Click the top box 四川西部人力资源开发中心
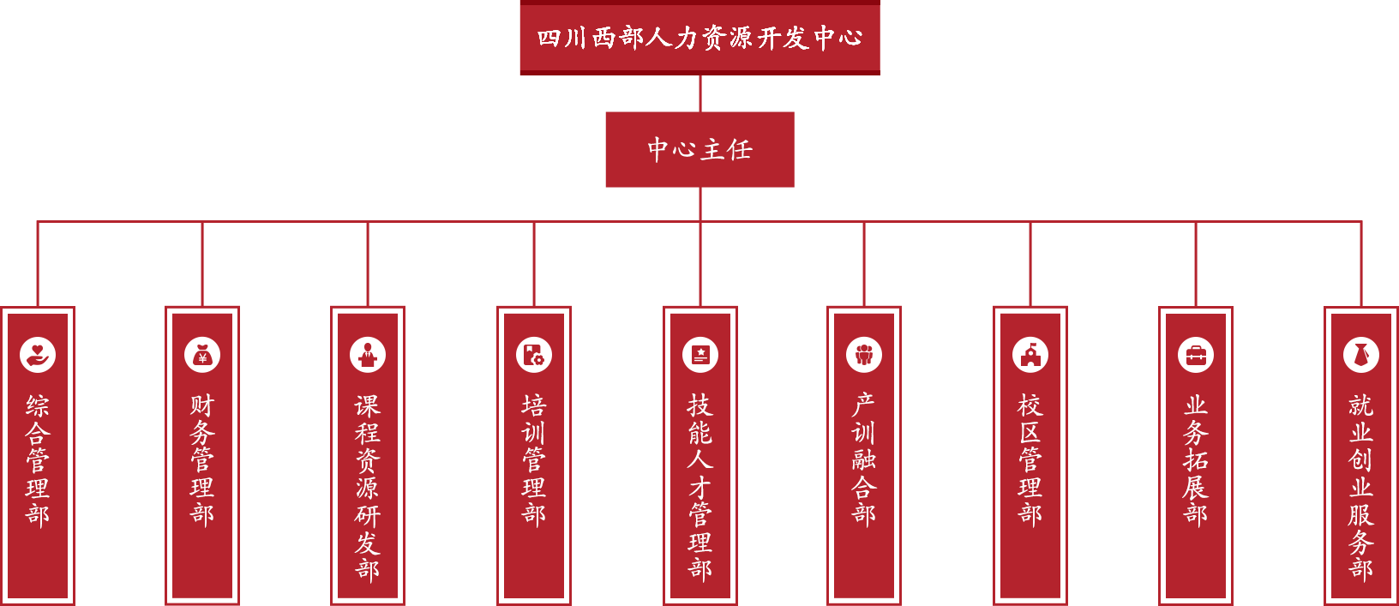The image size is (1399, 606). [x=699, y=38]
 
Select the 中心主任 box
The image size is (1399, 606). [x=699, y=149]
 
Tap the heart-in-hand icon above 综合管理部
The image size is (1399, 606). [x=38, y=355]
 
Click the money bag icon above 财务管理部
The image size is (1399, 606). [x=202, y=355]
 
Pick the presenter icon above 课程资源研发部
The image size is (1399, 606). [x=368, y=355]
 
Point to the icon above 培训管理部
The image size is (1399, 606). [x=534, y=355]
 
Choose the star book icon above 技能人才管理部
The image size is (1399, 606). [x=700, y=355]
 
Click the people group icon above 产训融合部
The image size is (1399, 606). [x=864, y=355]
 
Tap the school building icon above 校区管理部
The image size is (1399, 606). [x=1030, y=355]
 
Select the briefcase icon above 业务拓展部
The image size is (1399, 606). [x=1196, y=355]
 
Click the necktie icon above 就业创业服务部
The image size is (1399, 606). [x=1361, y=355]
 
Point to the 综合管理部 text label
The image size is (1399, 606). [x=38, y=459]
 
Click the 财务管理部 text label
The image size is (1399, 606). [x=202, y=459]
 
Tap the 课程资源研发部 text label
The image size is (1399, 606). [x=368, y=487]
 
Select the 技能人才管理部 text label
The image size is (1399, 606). [x=700, y=487]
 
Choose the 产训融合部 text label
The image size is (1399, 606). [x=864, y=459]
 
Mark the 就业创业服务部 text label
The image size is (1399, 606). [x=1361, y=487]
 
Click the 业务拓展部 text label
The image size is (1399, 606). [x=1196, y=459]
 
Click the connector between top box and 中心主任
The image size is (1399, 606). [x=700, y=93]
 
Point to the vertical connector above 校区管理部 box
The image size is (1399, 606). [x=1030, y=263]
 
